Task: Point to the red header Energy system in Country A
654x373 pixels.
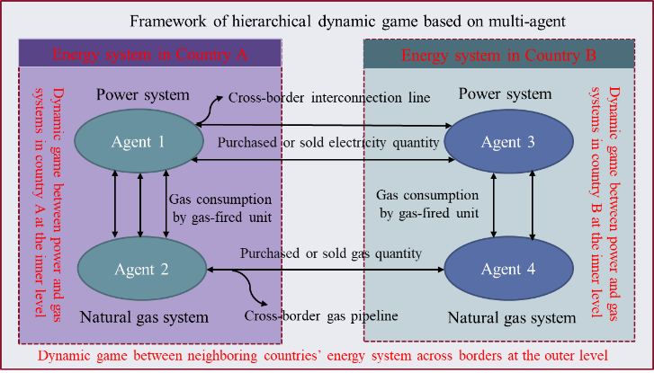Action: click(150, 54)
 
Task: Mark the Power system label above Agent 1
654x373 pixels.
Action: click(143, 94)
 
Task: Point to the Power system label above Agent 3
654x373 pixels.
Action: click(505, 93)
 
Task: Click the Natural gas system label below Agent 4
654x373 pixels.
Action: click(508, 317)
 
